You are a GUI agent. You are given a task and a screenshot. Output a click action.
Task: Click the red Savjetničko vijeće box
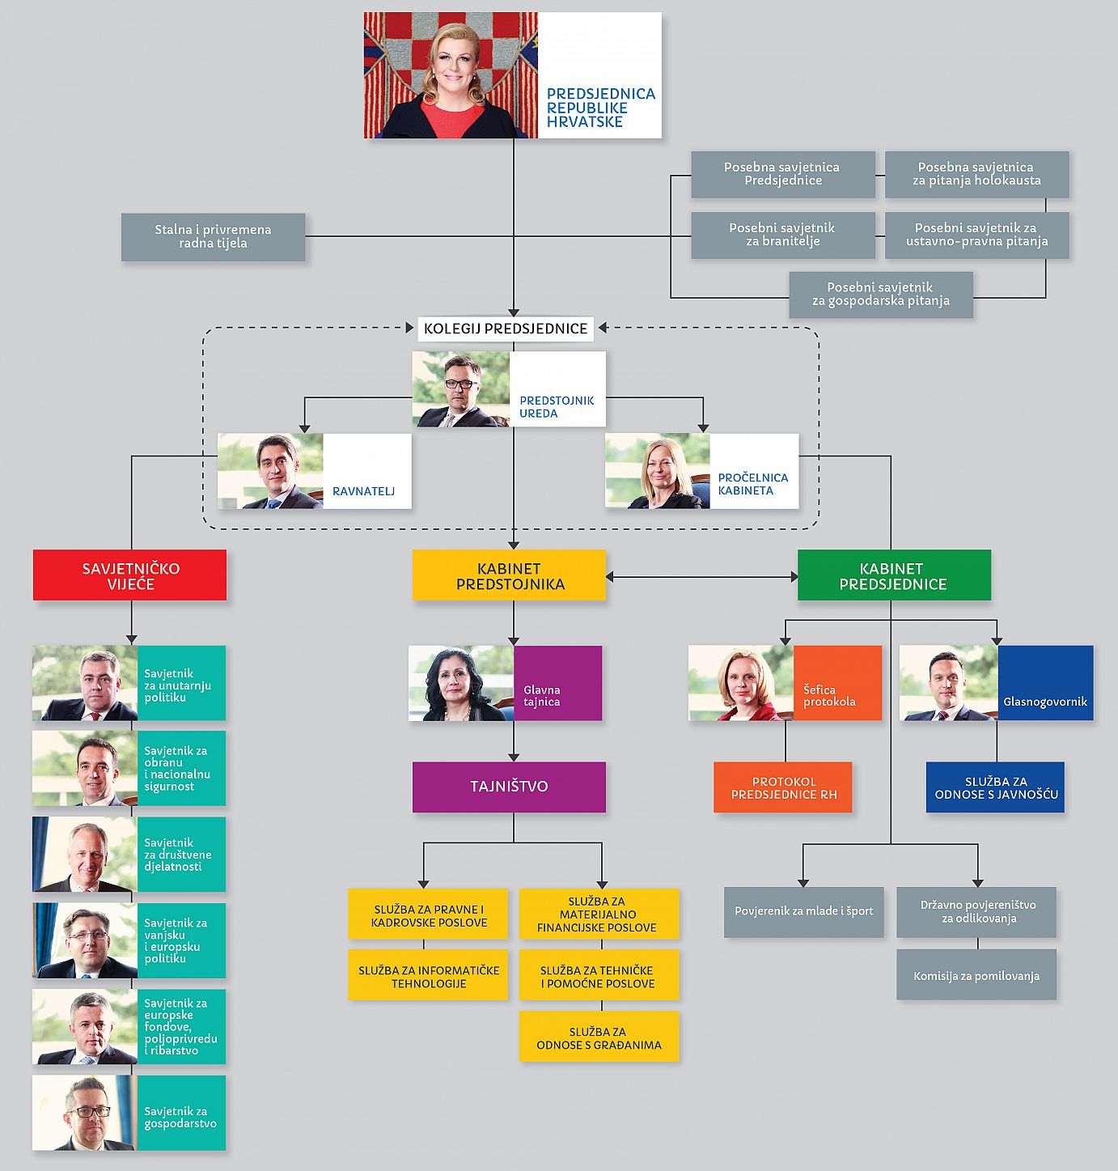pyautogui.click(x=129, y=575)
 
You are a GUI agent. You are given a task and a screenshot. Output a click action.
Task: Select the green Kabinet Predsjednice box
pyautogui.click(x=893, y=575)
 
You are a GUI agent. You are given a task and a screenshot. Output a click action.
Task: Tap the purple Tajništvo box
pyautogui.click(x=509, y=787)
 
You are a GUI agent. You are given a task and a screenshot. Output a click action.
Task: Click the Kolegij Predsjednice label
pyautogui.click(x=506, y=329)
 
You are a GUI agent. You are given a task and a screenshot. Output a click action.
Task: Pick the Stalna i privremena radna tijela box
pyautogui.click(x=213, y=236)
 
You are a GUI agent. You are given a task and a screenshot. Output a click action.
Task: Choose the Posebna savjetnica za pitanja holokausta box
pyautogui.click(x=976, y=174)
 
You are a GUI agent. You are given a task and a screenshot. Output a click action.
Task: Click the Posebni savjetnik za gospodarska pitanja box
pyautogui.click(x=880, y=295)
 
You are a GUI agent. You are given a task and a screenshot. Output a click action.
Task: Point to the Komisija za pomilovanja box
pyautogui.click(x=976, y=976)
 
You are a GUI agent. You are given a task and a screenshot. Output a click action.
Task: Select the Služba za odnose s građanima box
pyautogui.click(x=599, y=1037)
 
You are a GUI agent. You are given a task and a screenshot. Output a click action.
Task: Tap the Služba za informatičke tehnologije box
pyautogui.click(x=428, y=977)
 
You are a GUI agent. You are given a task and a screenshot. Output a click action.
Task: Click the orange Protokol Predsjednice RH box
pyautogui.click(x=782, y=787)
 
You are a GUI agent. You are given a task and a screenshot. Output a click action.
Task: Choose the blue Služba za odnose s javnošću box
pyautogui.click(x=995, y=787)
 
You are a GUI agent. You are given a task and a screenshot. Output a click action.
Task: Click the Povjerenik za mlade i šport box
pyautogui.click(x=803, y=911)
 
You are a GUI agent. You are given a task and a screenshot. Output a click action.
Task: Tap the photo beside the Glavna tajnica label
pyautogui.click(x=461, y=683)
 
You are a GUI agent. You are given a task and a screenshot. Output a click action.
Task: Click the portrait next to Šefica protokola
pyautogui.click(x=741, y=683)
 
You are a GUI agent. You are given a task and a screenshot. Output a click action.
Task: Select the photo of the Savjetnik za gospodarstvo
pyautogui.click(x=85, y=1113)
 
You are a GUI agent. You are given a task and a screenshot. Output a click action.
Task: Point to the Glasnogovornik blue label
pyautogui.click(x=1045, y=701)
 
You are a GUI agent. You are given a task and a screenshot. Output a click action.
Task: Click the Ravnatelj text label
pyautogui.click(x=363, y=491)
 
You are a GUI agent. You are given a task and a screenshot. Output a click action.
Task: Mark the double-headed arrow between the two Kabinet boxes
pyautogui.click(x=701, y=577)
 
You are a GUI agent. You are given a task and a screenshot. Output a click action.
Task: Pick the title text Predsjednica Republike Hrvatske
pyautogui.click(x=600, y=108)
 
